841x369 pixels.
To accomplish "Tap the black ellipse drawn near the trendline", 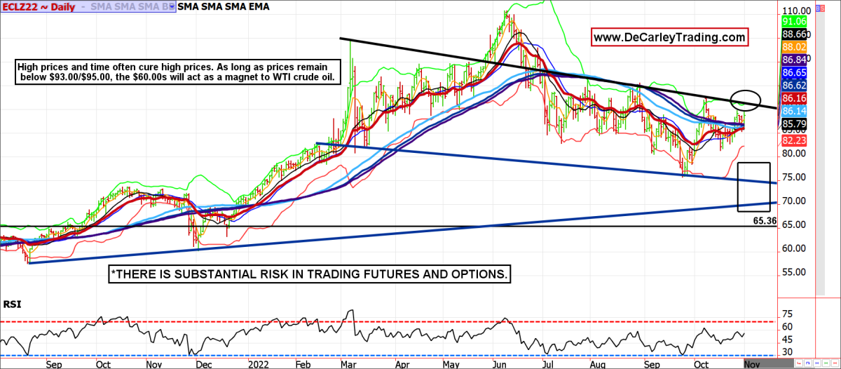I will point(746,100).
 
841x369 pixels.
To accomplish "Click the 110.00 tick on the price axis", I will point(796,11).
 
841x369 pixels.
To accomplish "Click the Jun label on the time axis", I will point(500,365).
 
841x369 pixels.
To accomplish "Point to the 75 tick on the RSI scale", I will point(786,314).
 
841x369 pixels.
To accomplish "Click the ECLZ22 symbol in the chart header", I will point(20,6).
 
